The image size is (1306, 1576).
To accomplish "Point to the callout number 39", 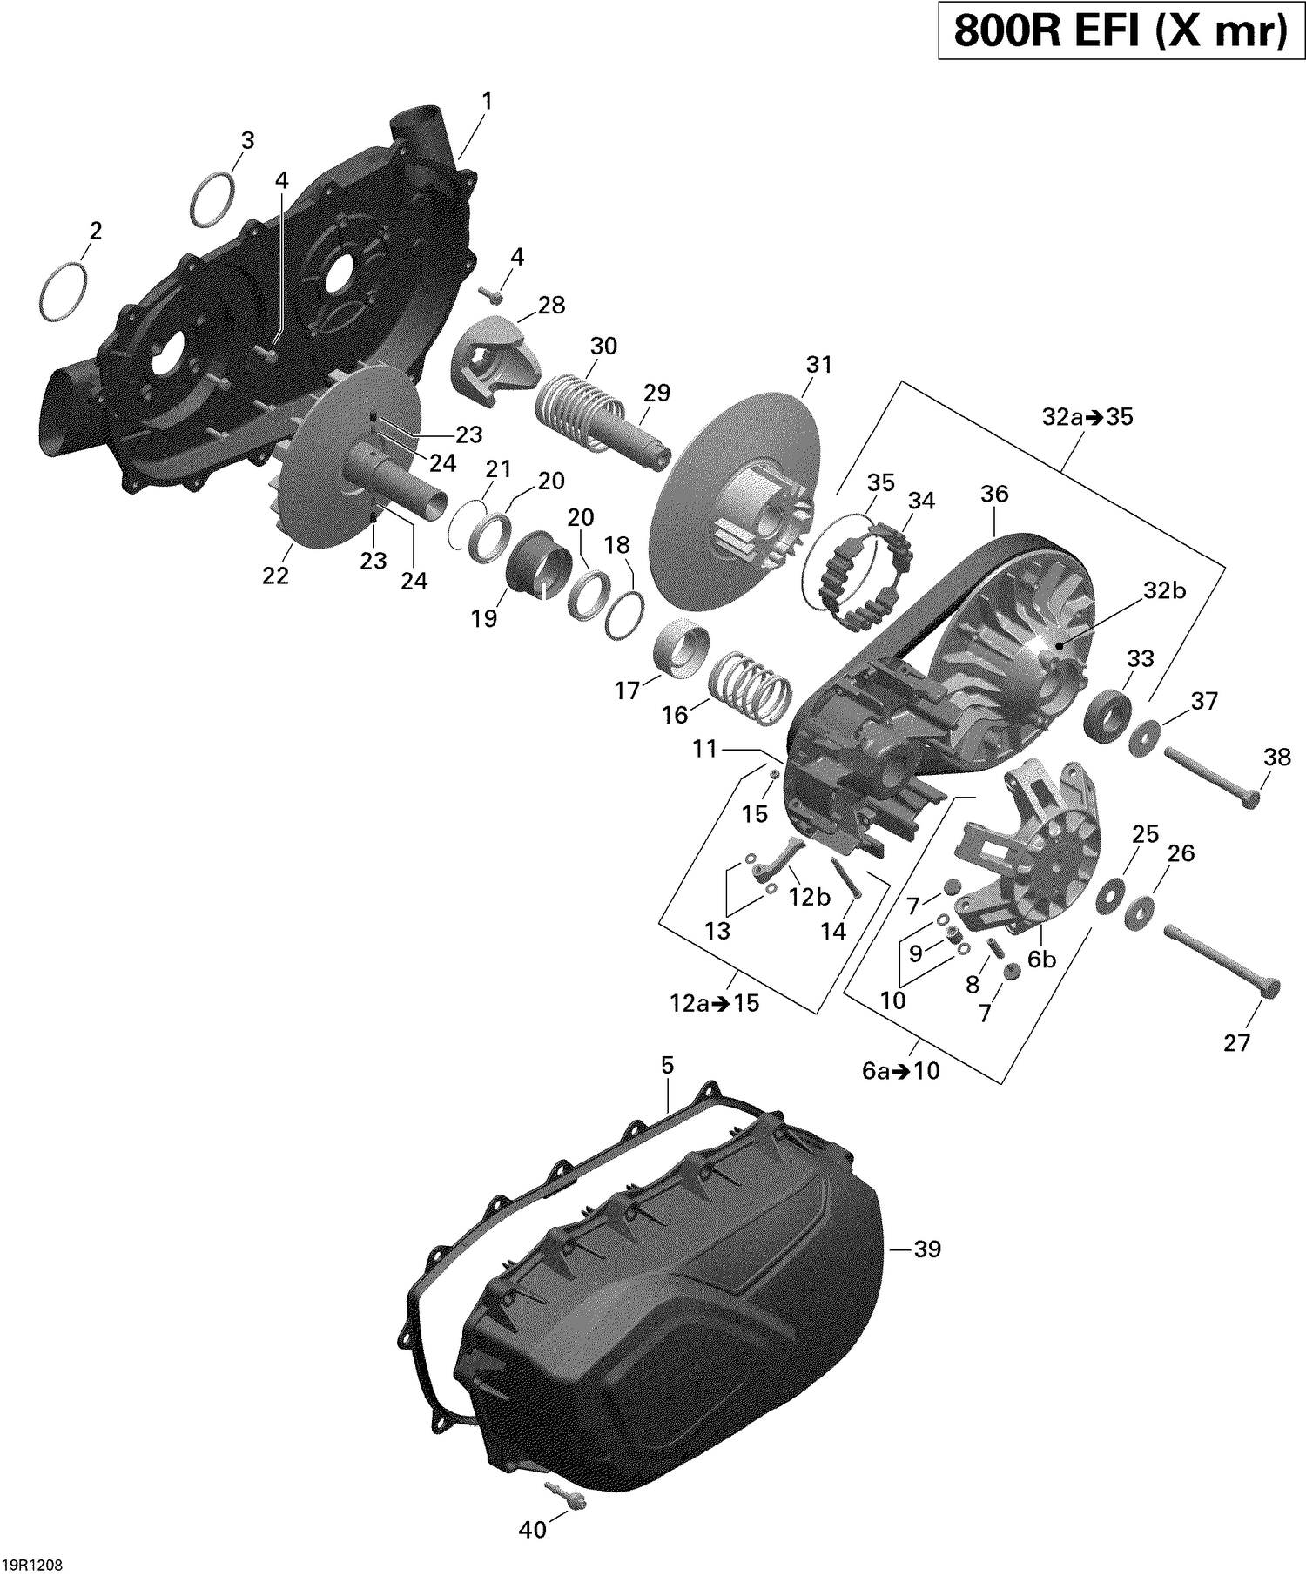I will click(x=927, y=1249).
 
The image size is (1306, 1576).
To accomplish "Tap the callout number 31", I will click(x=818, y=365).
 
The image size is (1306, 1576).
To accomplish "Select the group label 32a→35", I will click(x=1087, y=417).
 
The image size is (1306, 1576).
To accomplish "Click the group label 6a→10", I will click(x=901, y=1070).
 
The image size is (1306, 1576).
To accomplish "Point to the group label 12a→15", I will click(x=714, y=1003).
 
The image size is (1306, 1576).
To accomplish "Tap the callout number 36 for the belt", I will click(x=994, y=494).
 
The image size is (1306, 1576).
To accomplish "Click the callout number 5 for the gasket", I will click(x=667, y=1064).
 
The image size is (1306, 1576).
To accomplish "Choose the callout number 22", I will click(x=275, y=576).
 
